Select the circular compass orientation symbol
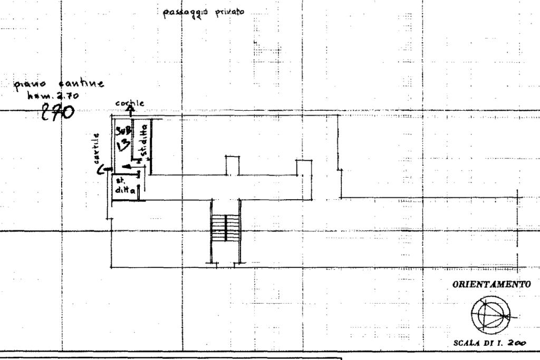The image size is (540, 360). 490,312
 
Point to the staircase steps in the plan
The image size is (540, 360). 225,230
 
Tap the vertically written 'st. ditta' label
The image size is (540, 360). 143,144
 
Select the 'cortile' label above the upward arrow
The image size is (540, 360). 128,102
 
